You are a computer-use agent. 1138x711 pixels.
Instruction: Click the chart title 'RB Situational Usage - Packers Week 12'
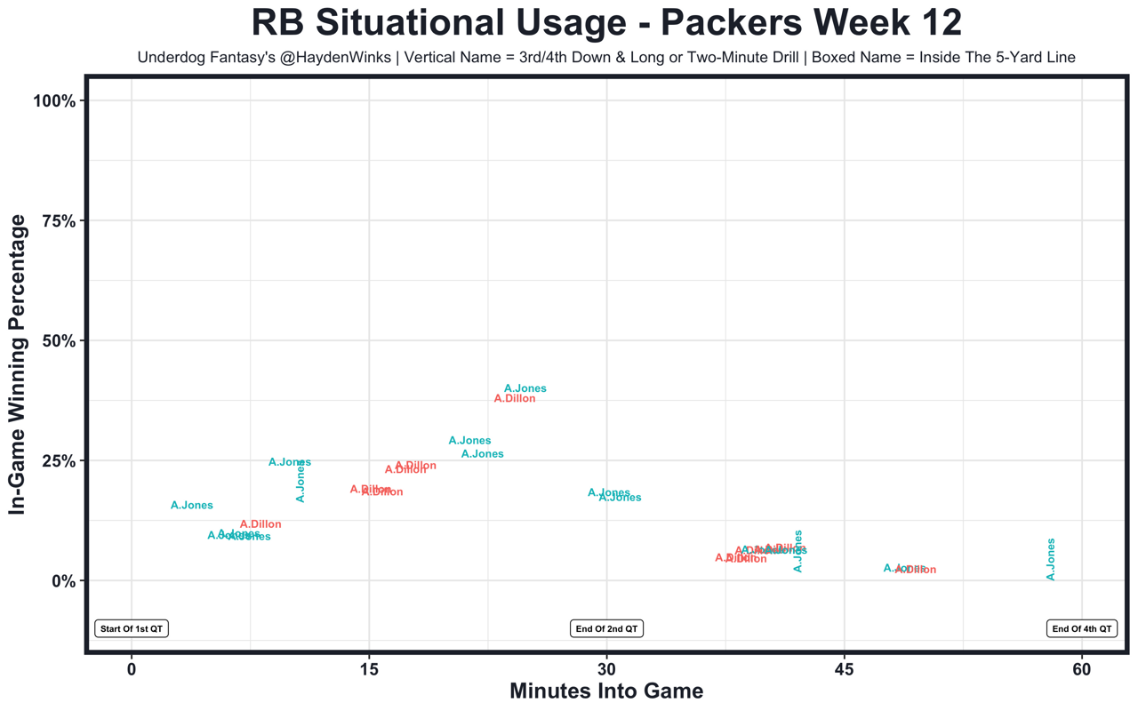[606, 23]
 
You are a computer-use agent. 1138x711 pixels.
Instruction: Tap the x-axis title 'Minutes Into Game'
[606, 691]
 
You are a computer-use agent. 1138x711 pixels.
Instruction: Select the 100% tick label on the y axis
[54, 100]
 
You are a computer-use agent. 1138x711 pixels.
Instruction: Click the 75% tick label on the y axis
[58, 220]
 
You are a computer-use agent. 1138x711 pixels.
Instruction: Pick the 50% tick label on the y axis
[58, 341]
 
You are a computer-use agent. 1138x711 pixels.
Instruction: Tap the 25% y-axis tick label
[58, 461]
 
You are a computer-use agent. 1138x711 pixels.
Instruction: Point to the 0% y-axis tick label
[61, 581]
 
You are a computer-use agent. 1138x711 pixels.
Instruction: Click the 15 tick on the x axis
[369, 669]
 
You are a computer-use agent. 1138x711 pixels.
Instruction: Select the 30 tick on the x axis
[606, 669]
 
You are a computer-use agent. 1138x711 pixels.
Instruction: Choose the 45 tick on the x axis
[845, 669]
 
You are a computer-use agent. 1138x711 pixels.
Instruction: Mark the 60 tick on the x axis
[1082, 669]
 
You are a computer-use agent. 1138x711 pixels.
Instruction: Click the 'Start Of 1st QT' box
[132, 628]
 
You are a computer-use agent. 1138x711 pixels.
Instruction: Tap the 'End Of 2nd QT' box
[606, 628]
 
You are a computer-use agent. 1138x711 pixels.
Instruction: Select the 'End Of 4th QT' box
[1082, 628]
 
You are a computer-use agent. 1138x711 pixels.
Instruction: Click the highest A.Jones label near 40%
[525, 388]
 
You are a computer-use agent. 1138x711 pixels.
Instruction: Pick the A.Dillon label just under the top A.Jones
[515, 399]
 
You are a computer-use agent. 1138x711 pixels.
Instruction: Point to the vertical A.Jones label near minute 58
[1051, 560]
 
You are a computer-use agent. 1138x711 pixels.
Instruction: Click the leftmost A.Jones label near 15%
[192, 506]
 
